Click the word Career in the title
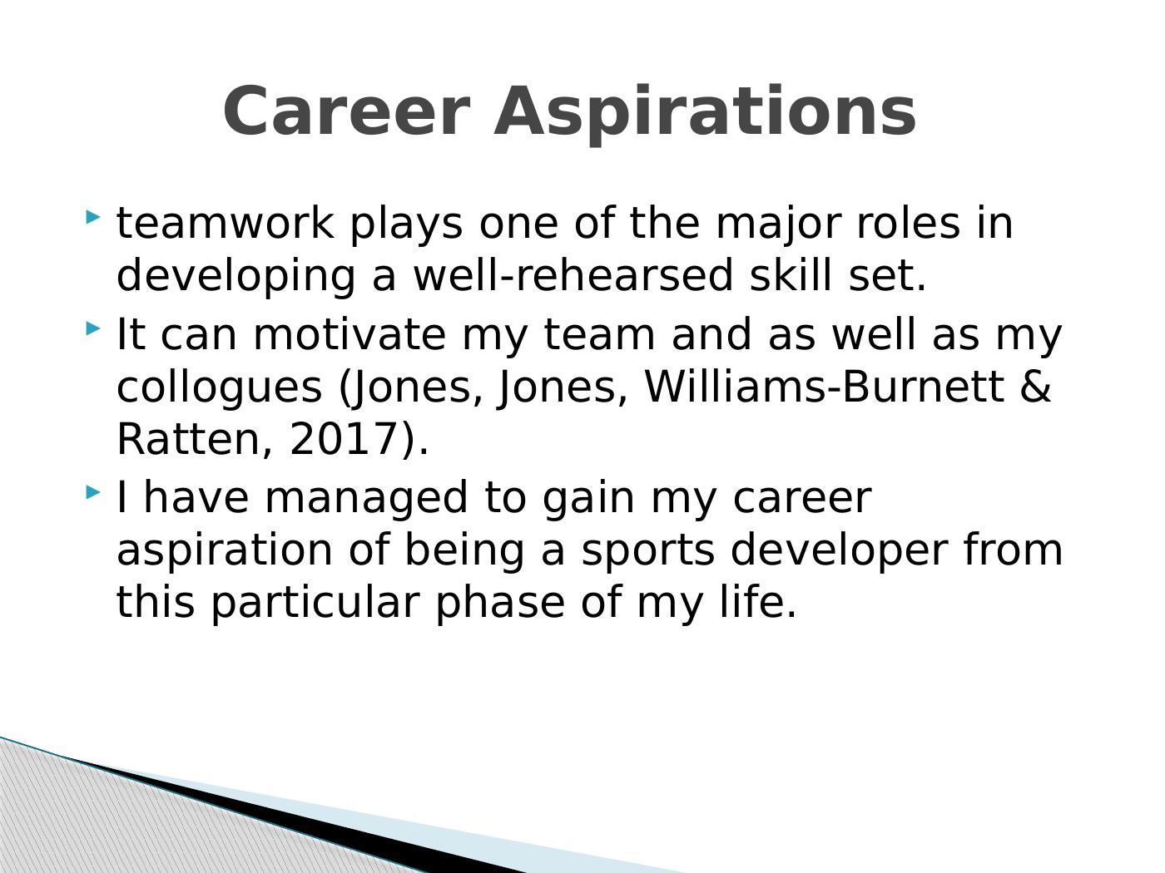[346, 111]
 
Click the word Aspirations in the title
[705, 114]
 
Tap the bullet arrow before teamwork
[92, 217]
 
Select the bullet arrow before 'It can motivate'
[92, 328]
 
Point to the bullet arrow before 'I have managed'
[92, 492]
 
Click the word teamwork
[226, 223]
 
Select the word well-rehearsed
[573, 275]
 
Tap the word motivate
[349, 334]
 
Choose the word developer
[839, 552]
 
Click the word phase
[500, 604]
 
